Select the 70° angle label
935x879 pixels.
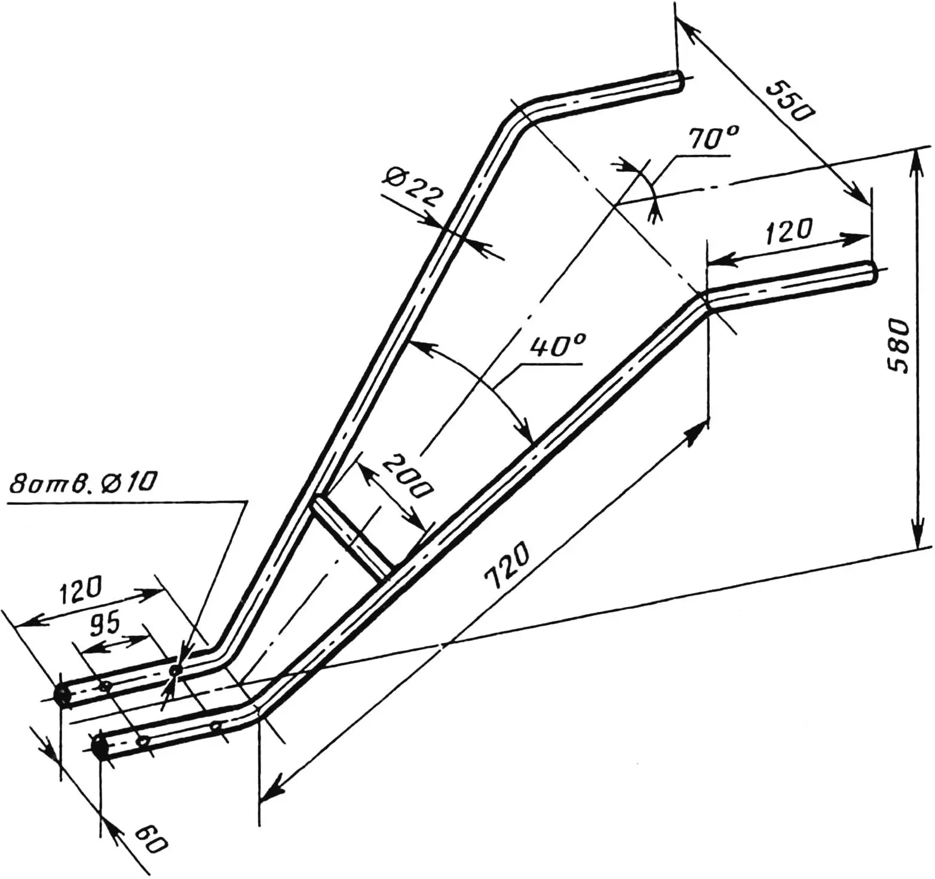pyautogui.click(x=713, y=139)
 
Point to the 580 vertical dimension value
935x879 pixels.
pyautogui.click(x=898, y=346)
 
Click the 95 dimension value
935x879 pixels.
pyautogui.click(x=105, y=624)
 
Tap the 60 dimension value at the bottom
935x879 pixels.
pyautogui.click(x=149, y=840)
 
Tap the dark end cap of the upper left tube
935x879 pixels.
pyautogui.click(x=62, y=695)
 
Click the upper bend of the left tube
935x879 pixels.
pyautogui.click(x=514, y=120)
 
